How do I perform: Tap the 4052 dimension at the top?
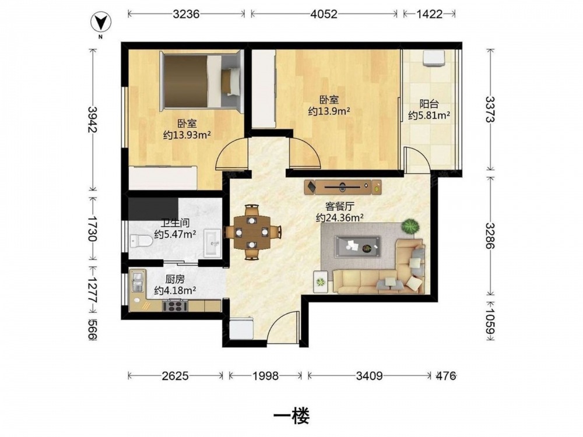click(x=324, y=14)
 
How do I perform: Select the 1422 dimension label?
click(x=430, y=14)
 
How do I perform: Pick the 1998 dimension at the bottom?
click(x=265, y=376)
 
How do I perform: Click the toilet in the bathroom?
click(x=141, y=241)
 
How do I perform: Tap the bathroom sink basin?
click(x=212, y=243)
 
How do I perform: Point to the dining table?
click(x=252, y=232)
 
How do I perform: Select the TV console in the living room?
click(x=342, y=187)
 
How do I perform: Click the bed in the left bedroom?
click(x=201, y=81)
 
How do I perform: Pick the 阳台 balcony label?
click(x=429, y=104)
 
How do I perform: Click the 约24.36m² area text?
click(x=339, y=218)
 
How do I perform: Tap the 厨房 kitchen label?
click(x=175, y=279)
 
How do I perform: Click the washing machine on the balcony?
click(x=434, y=58)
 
